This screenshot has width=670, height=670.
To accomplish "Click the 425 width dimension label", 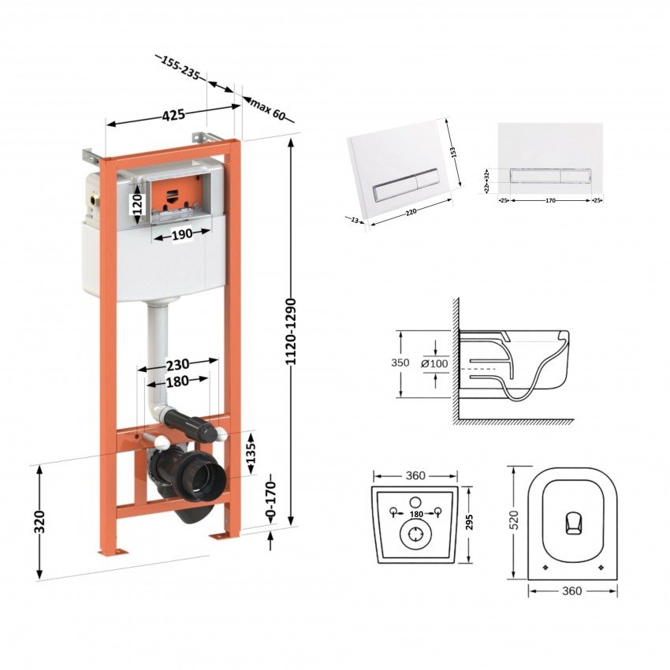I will click(173, 115).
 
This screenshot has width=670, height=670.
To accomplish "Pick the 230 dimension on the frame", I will click(178, 365).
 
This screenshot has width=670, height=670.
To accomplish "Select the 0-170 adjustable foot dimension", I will click(270, 501).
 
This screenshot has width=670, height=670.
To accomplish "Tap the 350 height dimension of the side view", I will click(401, 363).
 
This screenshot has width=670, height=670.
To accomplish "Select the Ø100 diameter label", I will click(435, 363).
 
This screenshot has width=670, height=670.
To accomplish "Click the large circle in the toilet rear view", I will click(414, 535).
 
